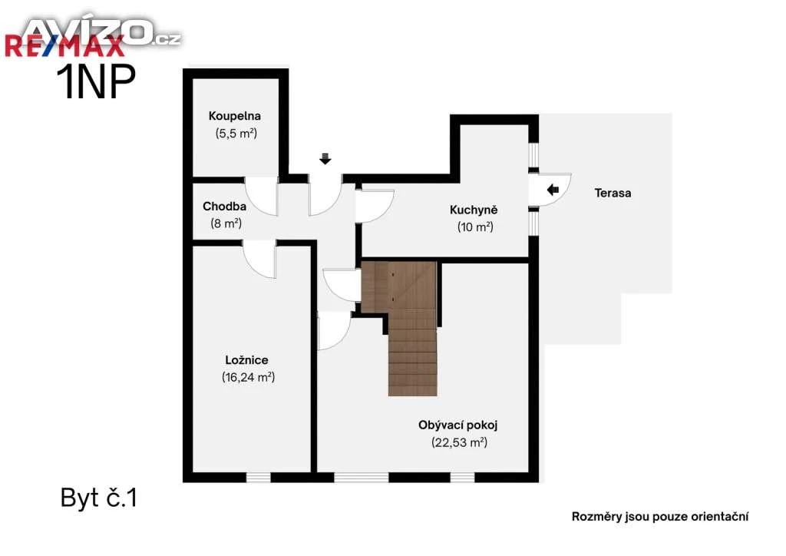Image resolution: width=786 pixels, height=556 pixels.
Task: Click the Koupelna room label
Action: (x=235, y=116)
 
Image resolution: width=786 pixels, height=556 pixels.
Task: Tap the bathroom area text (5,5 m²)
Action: (x=236, y=134)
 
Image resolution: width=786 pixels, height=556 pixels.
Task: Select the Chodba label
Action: (x=224, y=206)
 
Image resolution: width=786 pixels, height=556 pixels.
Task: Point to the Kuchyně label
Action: (x=473, y=210)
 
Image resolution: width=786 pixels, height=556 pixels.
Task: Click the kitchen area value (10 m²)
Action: (x=475, y=227)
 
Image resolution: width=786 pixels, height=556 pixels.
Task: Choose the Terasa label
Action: (x=613, y=193)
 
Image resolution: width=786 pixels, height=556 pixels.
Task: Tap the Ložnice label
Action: (x=246, y=360)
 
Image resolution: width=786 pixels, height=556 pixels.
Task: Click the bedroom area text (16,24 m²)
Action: (x=248, y=377)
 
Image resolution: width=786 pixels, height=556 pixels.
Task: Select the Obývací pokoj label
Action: (x=457, y=425)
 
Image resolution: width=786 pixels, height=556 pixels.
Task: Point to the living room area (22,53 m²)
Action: (x=459, y=442)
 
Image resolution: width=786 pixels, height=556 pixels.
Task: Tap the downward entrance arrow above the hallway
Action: (x=325, y=159)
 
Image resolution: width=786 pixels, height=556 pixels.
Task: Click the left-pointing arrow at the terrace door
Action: (x=553, y=190)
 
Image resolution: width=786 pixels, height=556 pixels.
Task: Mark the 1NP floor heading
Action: (x=96, y=81)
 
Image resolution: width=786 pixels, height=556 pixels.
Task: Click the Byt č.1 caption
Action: (x=99, y=498)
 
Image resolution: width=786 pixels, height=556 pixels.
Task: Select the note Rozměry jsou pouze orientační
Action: (x=660, y=516)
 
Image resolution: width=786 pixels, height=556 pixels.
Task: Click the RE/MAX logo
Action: (x=64, y=45)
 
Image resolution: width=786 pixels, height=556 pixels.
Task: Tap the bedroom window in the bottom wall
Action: (x=258, y=478)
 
